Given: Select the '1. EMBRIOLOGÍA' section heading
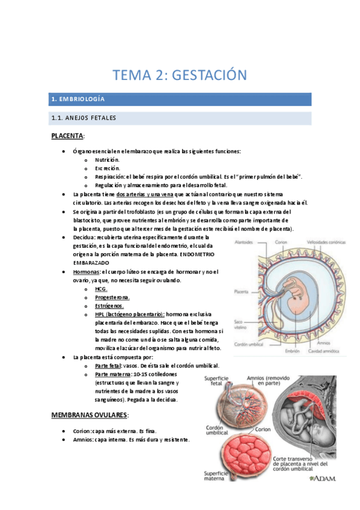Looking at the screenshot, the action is tap(79, 98).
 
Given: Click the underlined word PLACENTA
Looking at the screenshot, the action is tap(67, 136).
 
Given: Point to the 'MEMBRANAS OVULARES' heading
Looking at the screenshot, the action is tap(89, 415).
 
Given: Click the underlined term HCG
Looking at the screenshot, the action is tap(101, 289).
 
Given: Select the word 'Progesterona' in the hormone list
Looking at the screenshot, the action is tap(112, 297).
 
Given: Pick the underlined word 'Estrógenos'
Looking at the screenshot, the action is tap(109, 306).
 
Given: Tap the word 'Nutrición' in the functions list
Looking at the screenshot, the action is tap(107, 159).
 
